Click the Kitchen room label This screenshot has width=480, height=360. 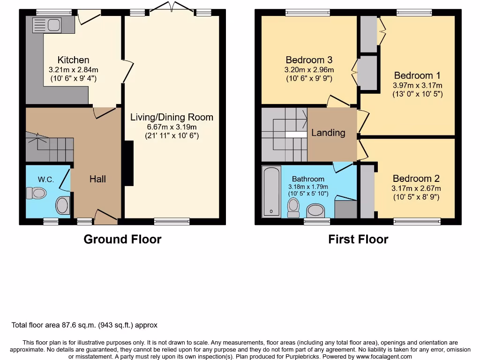(x=73, y=60)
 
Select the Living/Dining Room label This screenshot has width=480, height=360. (x=172, y=117)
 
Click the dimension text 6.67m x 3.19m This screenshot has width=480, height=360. (x=172, y=127)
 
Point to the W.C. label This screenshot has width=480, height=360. (x=46, y=180)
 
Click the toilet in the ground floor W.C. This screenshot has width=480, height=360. (x=36, y=193)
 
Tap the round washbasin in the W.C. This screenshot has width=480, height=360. (x=62, y=205)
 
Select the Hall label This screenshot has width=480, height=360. (x=97, y=179)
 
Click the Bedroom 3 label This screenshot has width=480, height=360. (x=309, y=60)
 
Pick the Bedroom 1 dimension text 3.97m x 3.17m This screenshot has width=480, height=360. (x=417, y=85)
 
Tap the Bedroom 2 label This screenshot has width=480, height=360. (x=416, y=179)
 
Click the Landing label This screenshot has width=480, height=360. (x=328, y=133)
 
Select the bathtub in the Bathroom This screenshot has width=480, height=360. (x=271, y=192)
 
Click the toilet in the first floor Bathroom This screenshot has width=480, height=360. (x=293, y=207)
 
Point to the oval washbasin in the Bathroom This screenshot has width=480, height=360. (x=317, y=210)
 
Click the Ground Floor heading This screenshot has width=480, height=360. (x=122, y=239)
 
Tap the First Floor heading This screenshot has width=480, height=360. (x=358, y=239)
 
